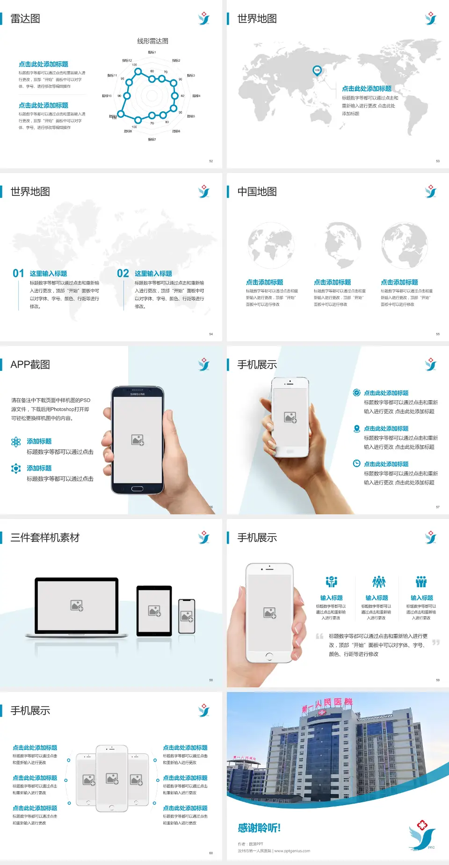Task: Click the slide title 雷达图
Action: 25,19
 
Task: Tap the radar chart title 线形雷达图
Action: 152,41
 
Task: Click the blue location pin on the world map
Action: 317,71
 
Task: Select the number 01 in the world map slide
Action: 18,274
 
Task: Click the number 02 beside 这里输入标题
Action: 123,274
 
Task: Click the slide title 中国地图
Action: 257,192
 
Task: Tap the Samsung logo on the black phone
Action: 138,394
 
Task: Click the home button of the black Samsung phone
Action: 137,489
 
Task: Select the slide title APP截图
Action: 30,365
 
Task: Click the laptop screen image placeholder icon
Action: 77,605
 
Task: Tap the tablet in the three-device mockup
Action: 154,611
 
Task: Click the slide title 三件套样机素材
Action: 45,538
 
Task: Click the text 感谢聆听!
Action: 259,828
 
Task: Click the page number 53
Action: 438,161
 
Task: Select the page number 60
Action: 211,853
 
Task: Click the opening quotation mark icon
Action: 319,636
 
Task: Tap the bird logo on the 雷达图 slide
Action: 204,19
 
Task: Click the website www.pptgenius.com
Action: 292,851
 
